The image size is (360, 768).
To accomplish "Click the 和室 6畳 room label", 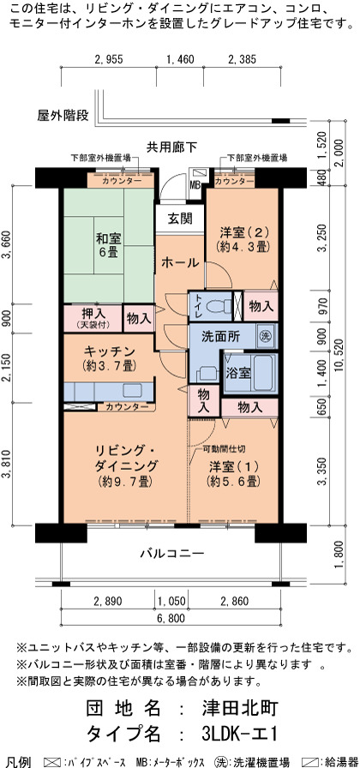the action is pos(108,246).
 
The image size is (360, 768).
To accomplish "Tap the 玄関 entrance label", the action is pos(180,219).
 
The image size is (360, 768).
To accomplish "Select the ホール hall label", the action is pos(180,262).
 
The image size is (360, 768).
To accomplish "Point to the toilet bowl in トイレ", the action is pos(219,307).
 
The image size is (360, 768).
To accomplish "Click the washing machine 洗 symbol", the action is pos(265,337).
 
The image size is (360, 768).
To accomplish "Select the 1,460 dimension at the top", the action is pos(180,60).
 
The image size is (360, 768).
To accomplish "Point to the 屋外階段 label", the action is pos(63,116).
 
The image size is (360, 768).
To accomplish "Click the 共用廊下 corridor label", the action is pos(172,146).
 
